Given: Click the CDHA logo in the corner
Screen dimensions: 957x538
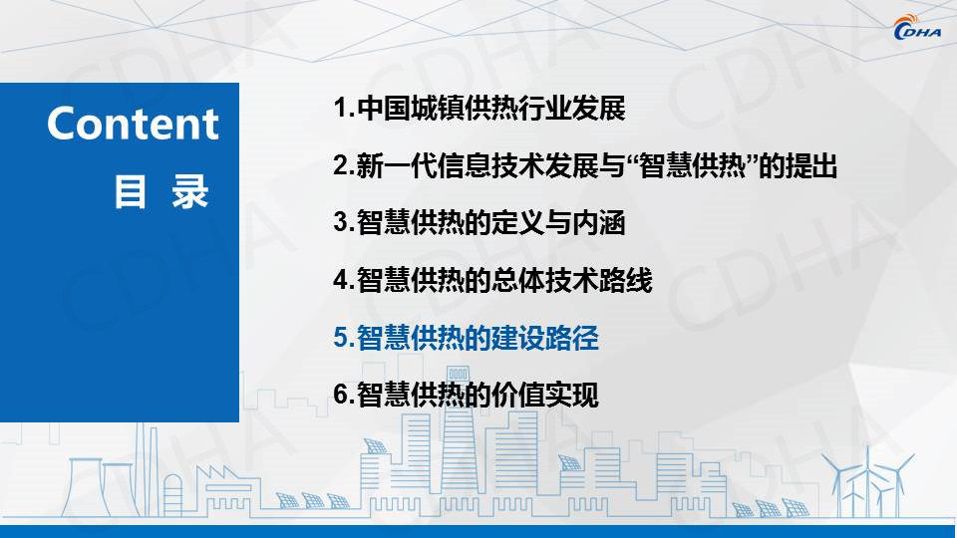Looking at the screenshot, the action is click(917, 28).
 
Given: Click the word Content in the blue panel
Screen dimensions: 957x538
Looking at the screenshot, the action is click(133, 124).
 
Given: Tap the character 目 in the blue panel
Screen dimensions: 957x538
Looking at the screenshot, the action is click(130, 192).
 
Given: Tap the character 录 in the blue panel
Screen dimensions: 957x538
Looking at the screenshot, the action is click(189, 192).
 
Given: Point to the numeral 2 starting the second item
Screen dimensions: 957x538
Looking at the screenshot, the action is click(341, 166).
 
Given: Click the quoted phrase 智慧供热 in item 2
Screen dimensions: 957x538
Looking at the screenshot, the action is click(693, 166).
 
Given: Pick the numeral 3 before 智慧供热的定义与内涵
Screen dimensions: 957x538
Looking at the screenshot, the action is click(341, 222).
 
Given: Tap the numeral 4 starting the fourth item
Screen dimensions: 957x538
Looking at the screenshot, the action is click(341, 280).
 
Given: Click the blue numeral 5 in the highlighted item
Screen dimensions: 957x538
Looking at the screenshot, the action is click(341, 338).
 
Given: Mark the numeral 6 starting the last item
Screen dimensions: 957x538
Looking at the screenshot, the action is click(341, 395).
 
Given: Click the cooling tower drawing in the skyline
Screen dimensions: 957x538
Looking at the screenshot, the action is click(86, 487).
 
